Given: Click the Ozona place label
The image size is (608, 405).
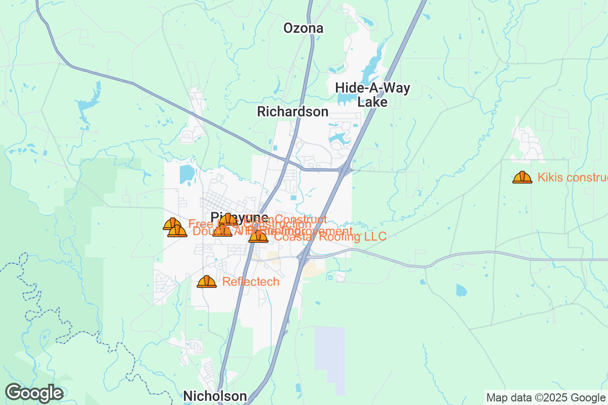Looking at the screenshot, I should (x=303, y=28).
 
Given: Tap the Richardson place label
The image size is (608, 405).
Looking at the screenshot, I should (x=292, y=111).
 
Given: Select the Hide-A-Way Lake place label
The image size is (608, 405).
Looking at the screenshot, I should (x=372, y=95).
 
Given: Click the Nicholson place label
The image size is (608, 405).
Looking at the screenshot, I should (x=215, y=396).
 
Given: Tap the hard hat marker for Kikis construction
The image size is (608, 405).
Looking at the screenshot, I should (x=522, y=177).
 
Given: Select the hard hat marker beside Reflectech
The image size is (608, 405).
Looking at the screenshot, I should (x=207, y=281).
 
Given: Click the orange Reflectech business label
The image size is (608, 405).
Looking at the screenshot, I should (x=251, y=281).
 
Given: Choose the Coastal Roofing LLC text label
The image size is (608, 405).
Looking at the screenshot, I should (x=330, y=236).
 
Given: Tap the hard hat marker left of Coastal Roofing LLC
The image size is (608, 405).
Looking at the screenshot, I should (x=258, y=236).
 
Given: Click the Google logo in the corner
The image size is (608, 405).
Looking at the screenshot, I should (x=34, y=393).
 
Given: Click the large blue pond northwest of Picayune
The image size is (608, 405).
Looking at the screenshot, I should (x=187, y=174).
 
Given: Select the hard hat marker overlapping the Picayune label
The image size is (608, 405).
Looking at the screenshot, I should (x=228, y=219).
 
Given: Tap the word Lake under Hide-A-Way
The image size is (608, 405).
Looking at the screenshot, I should (x=372, y=102).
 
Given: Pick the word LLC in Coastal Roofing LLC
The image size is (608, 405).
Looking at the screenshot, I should (x=374, y=236).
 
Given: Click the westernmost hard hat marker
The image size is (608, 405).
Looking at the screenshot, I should (x=172, y=224).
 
